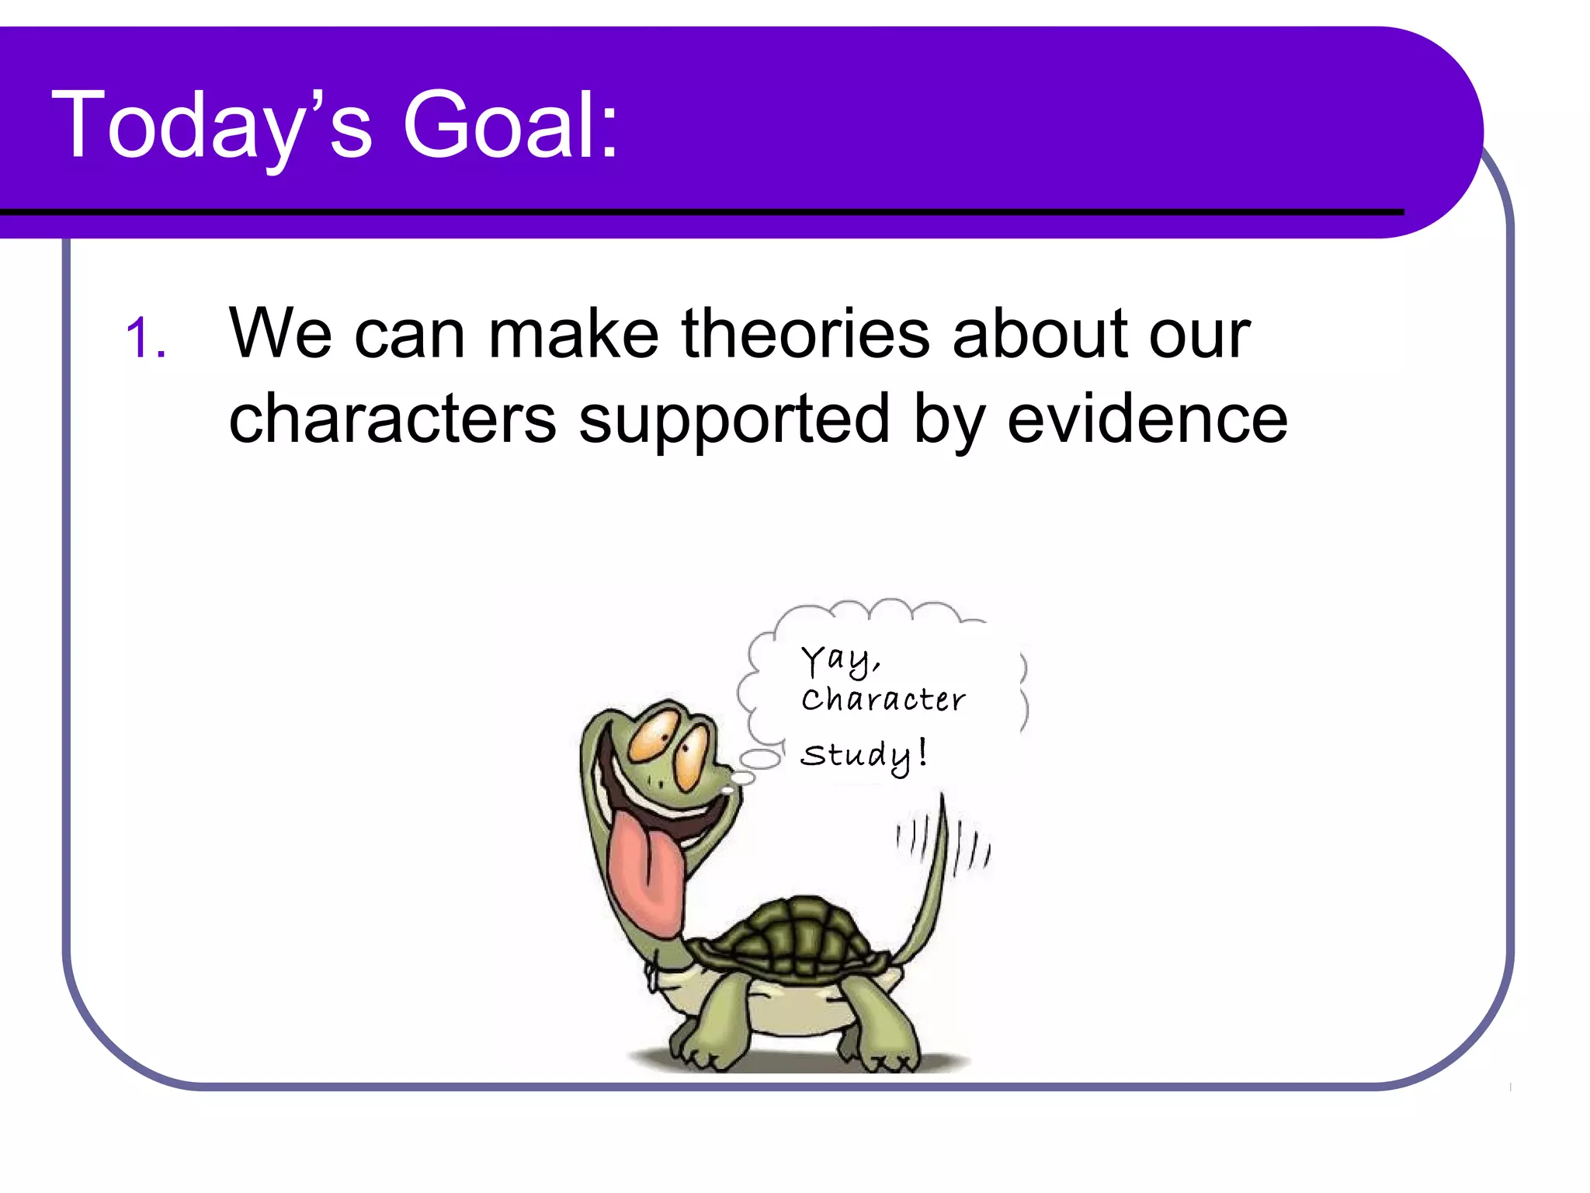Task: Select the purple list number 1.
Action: point(144,339)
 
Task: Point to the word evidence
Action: point(1147,419)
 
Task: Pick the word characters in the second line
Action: point(392,419)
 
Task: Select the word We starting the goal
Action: point(280,334)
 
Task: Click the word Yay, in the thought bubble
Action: point(840,661)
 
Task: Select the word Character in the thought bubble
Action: point(884,700)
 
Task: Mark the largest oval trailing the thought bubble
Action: point(760,760)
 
